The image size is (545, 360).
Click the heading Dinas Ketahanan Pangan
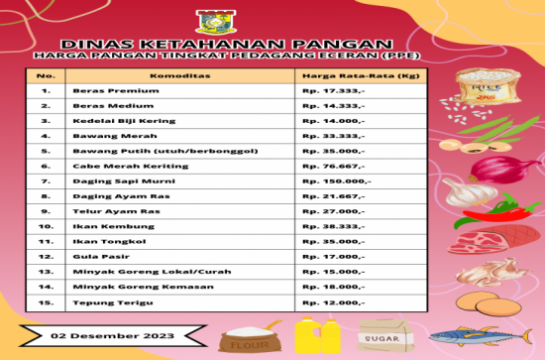click(223, 44)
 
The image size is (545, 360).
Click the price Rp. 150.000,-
click(337, 181)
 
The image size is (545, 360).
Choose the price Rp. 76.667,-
click(334, 166)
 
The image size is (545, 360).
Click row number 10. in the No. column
click(46, 226)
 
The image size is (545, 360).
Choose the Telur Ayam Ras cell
click(105, 211)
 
